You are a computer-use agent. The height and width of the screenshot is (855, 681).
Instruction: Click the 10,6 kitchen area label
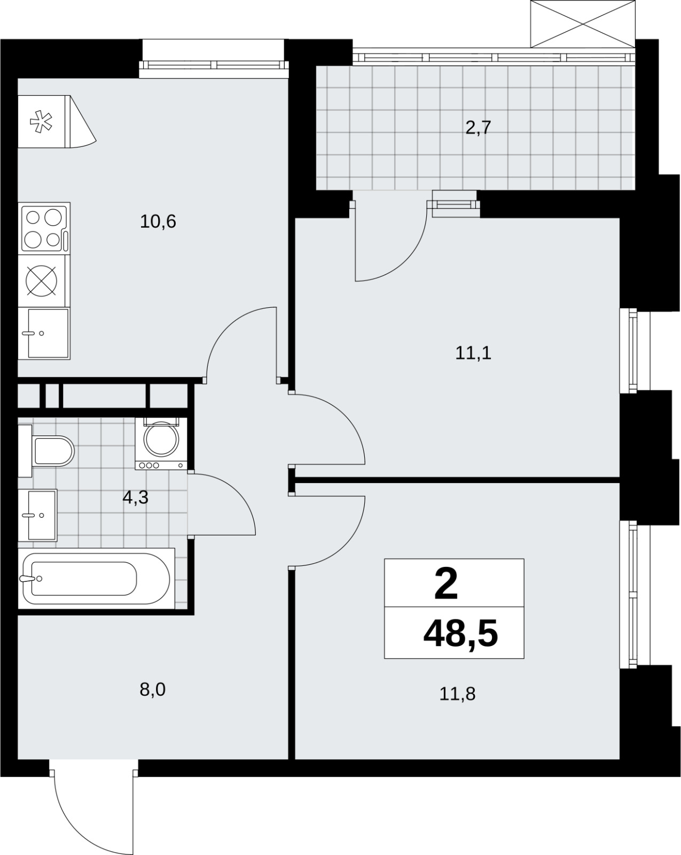[158, 221]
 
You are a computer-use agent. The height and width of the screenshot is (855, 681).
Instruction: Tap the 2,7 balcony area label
[478, 128]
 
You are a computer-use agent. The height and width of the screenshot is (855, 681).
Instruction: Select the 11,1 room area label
[473, 353]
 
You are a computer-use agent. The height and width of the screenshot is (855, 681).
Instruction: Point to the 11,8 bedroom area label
[457, 694]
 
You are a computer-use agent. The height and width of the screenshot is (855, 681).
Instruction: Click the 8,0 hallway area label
[152, 690]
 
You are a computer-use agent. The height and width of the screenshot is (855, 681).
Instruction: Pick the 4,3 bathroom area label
[136, 498]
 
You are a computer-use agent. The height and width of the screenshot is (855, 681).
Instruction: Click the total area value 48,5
[460, 634]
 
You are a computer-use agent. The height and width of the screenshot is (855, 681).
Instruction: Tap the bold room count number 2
[446, 584]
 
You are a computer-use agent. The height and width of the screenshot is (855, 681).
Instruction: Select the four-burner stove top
[44, 229]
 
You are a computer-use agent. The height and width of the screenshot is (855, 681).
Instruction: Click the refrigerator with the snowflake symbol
[44, 122]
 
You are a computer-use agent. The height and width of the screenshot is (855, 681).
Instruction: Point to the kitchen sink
[44, 333]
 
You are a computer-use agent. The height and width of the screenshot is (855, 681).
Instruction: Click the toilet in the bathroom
[46, 450]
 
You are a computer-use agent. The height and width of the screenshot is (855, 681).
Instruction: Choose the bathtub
[97, 578]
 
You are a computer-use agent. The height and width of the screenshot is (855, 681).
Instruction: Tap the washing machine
[161, 444]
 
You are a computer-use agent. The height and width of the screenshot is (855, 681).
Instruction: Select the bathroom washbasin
[38, 515]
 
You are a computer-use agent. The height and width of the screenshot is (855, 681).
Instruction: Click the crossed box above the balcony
[583, 24]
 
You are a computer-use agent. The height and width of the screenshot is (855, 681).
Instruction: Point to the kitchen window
[214, 65]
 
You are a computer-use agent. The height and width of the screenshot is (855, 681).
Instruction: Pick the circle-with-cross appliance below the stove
[41, 281]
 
